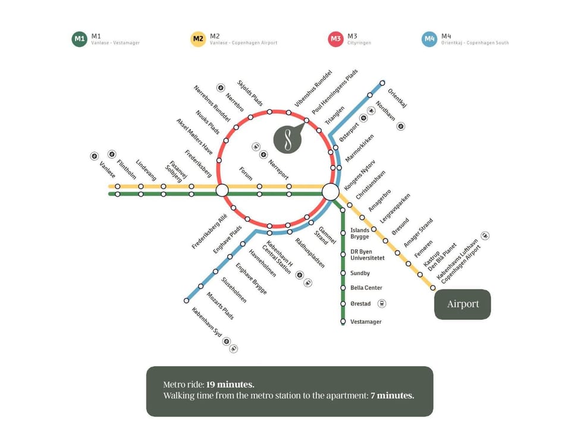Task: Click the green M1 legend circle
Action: tap(79, 39)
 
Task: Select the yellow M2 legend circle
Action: tap(198, 39)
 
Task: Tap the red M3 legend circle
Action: tap(335, 39)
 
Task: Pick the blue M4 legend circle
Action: tap(429, 39)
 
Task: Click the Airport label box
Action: tap(463, 304)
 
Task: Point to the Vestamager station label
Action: tap(366, 322)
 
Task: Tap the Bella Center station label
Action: tap(366, 288)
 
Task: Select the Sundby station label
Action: tap(360, 273)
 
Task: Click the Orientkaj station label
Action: tap(397, 99)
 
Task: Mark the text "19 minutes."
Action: tap(231, 385)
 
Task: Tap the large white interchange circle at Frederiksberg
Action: tap(222, 190)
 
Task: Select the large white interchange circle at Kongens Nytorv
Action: tap(330, 191)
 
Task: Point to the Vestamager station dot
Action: tap(343, 322)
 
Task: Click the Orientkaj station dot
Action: tap(382, 83)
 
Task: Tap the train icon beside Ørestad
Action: tap(382, 303)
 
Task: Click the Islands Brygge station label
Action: tap(360, 233)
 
